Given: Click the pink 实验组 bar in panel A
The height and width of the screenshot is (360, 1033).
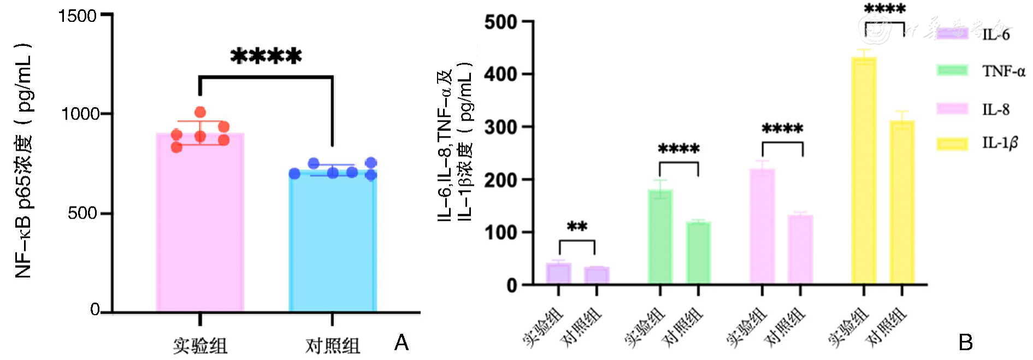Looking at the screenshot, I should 200,224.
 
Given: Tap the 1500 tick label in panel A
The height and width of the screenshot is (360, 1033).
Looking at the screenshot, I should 78,16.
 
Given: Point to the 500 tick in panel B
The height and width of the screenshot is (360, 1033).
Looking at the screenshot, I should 500,22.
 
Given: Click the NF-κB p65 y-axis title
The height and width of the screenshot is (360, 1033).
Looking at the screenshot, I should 23,161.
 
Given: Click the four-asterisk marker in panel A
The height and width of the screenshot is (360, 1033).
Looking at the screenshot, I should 266,56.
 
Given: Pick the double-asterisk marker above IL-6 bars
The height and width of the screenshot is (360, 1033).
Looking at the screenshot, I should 577,226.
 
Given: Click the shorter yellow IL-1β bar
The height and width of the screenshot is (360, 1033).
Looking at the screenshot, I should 902,202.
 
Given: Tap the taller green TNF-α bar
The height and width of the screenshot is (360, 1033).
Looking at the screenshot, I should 660,237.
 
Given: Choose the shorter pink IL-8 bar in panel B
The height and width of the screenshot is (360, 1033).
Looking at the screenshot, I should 800,249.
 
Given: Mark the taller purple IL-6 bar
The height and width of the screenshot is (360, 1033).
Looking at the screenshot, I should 558,273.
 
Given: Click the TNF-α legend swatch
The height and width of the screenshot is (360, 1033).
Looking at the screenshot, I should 952,70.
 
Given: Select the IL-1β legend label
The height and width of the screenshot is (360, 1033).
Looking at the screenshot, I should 1000,143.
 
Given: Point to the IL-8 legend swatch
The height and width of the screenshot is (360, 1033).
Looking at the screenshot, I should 952,108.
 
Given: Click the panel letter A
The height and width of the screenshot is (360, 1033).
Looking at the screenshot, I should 402,343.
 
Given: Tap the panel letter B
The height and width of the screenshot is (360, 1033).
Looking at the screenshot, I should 965,343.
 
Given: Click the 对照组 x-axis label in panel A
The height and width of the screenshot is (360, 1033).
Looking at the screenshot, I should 332,346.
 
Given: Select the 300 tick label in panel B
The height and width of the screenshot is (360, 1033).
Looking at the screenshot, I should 500,127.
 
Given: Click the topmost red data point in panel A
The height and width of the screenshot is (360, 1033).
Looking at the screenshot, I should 200,113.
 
